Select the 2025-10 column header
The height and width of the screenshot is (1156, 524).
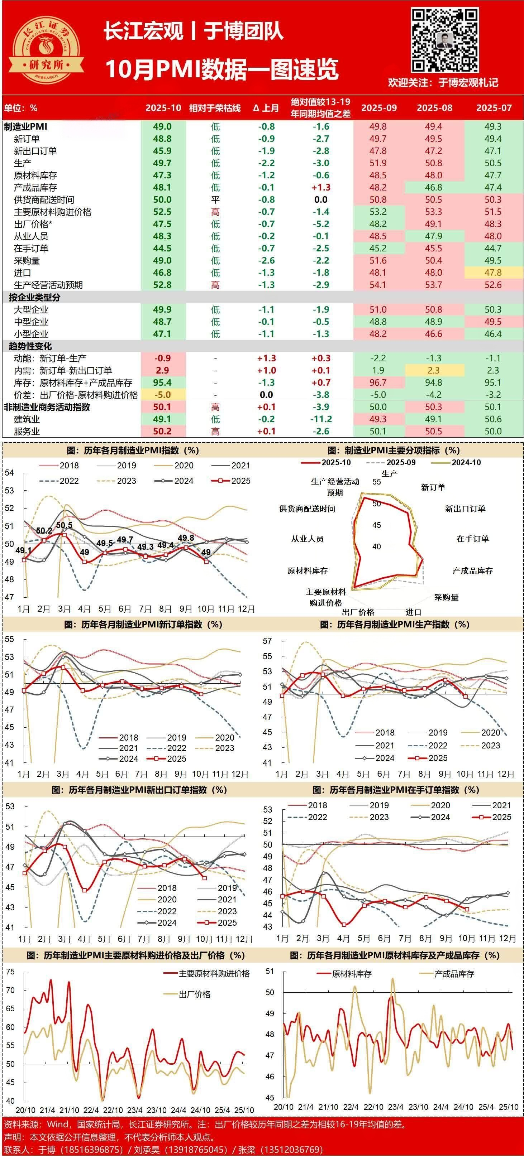163,108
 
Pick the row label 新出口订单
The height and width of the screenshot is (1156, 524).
35,151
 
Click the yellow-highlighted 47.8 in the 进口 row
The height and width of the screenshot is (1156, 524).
493,273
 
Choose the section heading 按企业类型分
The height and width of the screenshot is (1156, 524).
34,298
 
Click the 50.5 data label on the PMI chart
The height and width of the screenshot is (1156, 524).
64,525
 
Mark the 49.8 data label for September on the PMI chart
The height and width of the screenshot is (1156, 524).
186,538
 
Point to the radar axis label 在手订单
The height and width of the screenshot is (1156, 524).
472,539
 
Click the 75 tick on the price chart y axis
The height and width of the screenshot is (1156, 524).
10,972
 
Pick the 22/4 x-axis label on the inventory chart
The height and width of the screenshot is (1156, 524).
351,1107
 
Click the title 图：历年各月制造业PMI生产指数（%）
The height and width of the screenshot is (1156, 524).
394,624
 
